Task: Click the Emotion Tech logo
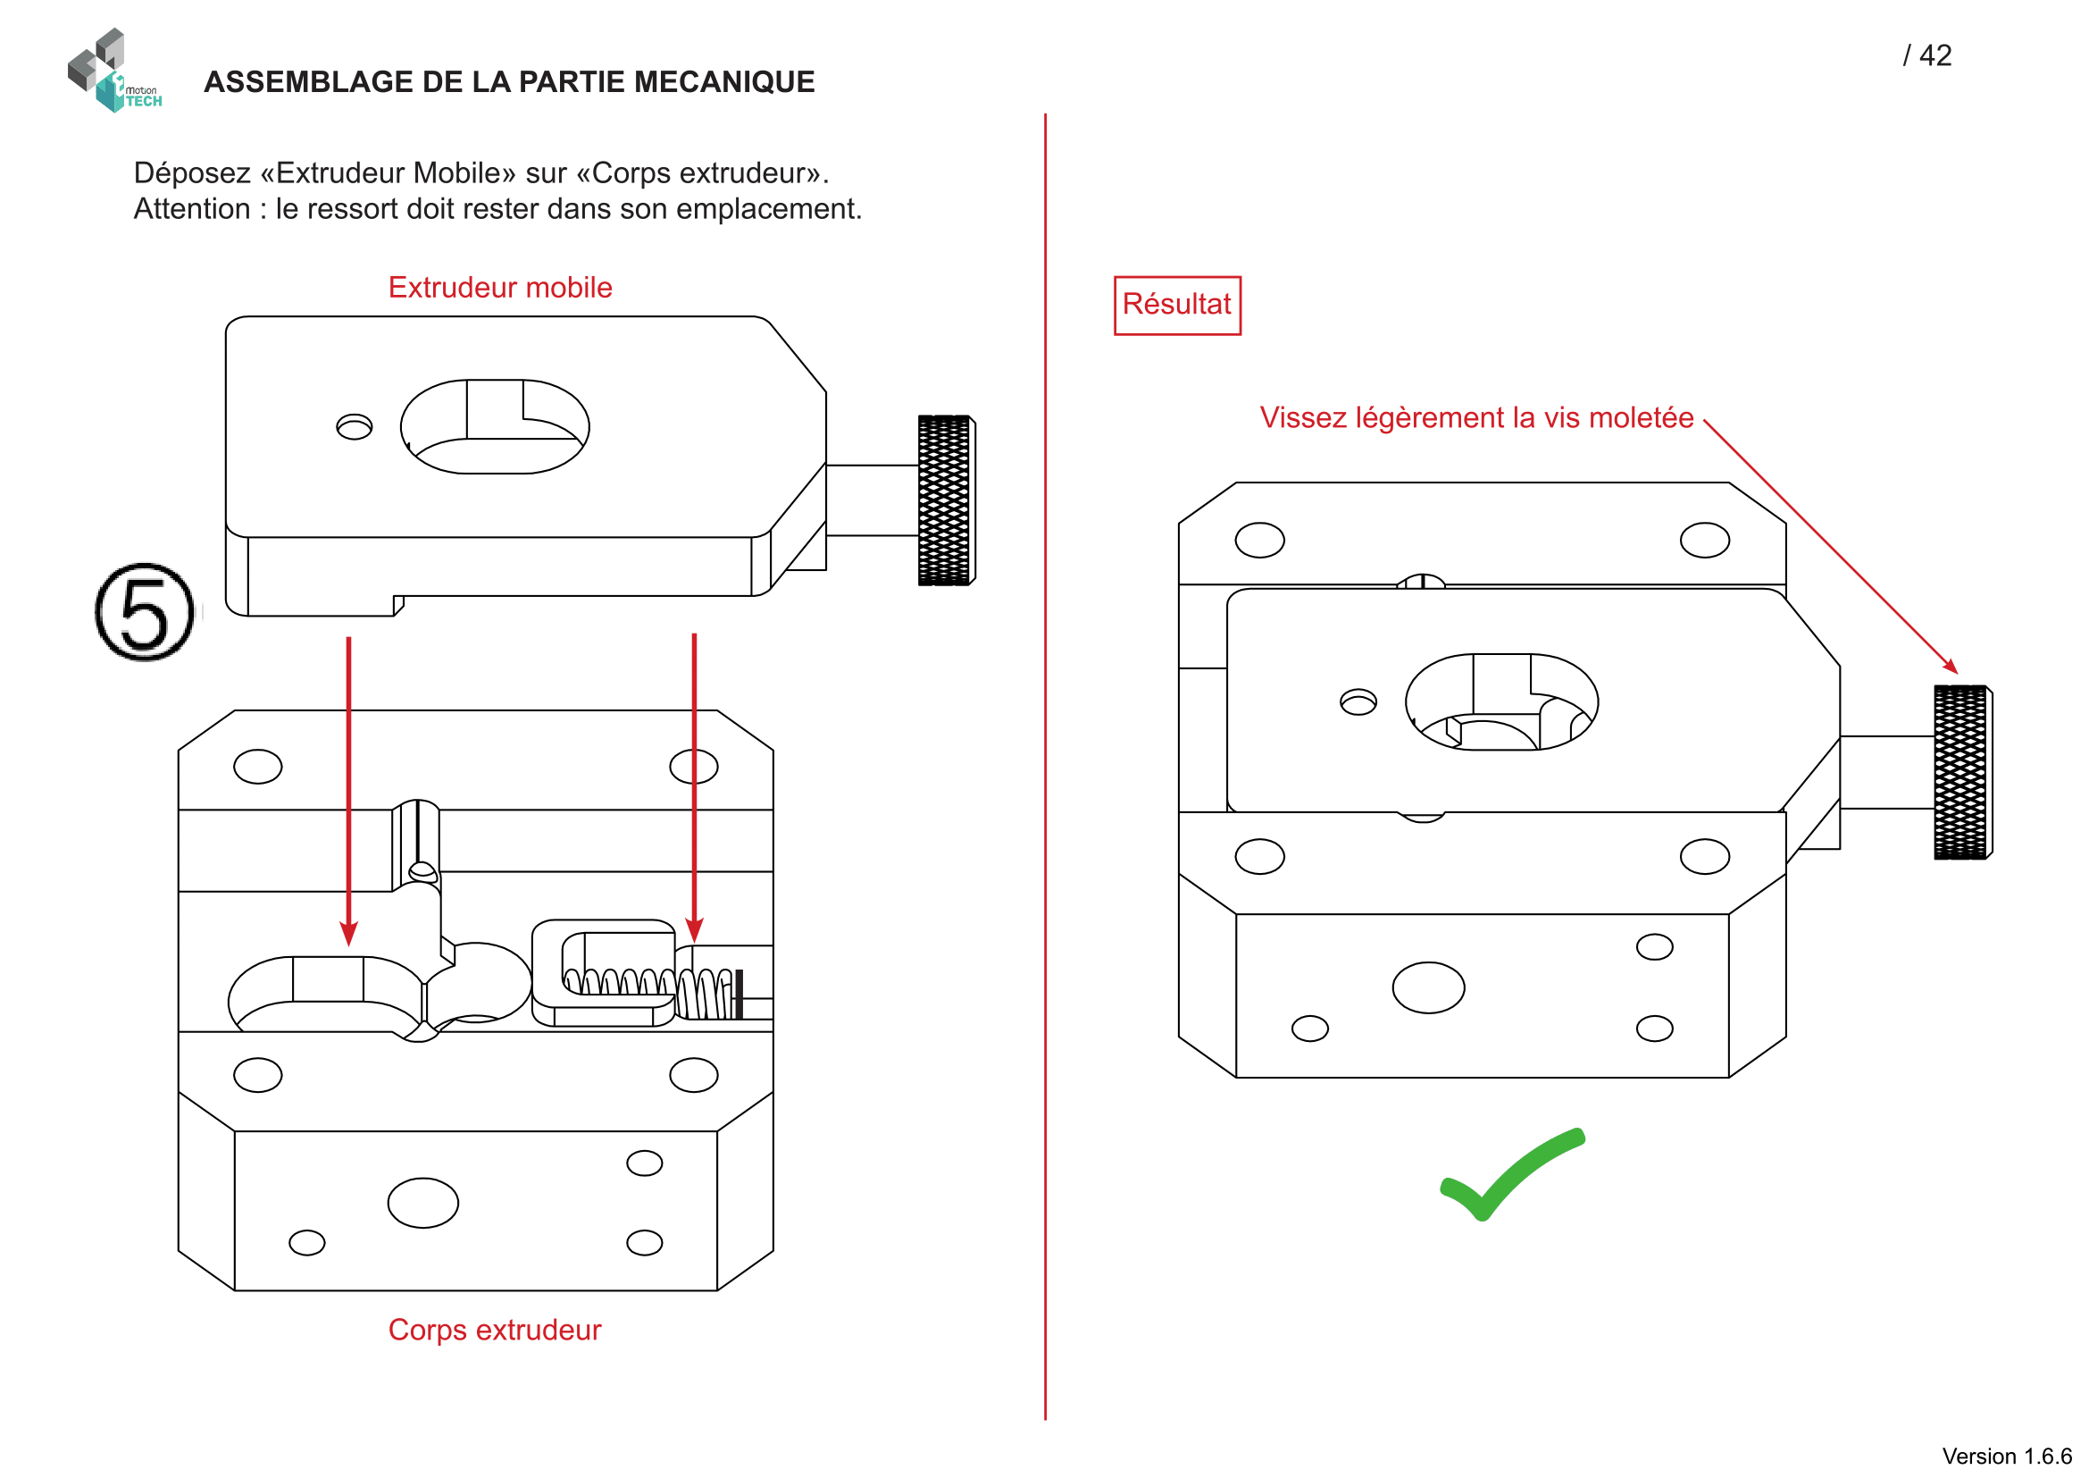point(113,71)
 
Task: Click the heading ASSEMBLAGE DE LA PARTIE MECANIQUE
point(508,82)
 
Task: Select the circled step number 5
point(145,612)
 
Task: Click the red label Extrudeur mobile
point(499,288)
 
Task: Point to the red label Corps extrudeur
point(494,1331)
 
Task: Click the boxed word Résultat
point(1176,305)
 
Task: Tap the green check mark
point(1510,1174)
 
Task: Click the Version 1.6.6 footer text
point(2006,1457)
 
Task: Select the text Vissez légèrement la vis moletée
point(1475,417)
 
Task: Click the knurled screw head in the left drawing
point(945,500)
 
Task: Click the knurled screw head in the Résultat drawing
point(1961,773)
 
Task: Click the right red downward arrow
point(694,786)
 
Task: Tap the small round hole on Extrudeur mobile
point(354,427)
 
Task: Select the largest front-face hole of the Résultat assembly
point(1427,988)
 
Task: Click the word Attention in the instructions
point(191,209)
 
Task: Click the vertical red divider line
point(1046,765)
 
